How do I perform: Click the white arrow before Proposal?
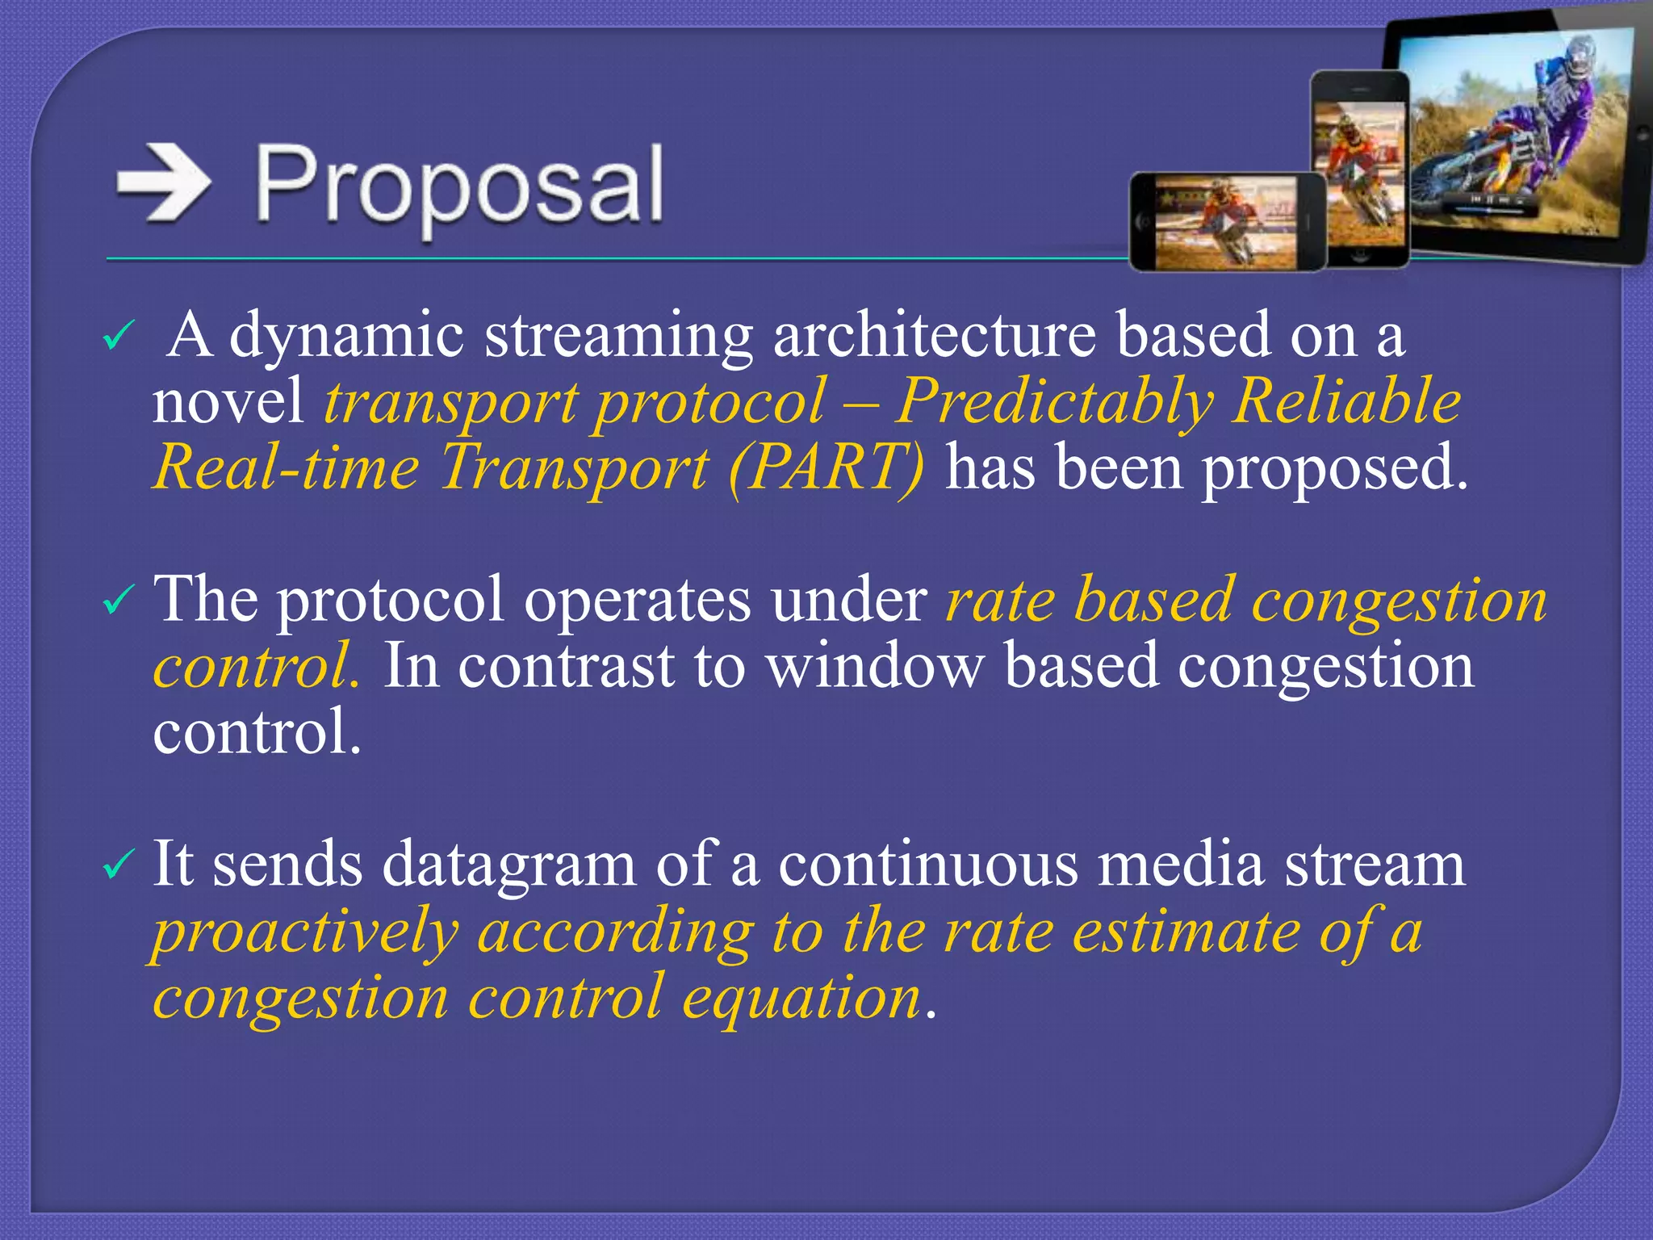pyautogui.click(x=164, y=185)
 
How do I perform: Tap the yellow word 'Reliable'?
pyautogui.click(x=1347, y=401)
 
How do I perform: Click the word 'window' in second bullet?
pyautogui.click(x=875, y=667)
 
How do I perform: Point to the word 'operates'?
pyautogui.click(x=637, y=601)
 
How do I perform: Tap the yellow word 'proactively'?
pyautogui.click(x=305, y=933)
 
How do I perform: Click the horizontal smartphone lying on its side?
pyautogui.click(x=1227, y=221)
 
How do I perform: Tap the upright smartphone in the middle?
pyautogui.click(x=1360, y=170)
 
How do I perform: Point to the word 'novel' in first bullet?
pyautogui.click(x=228, y=402)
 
